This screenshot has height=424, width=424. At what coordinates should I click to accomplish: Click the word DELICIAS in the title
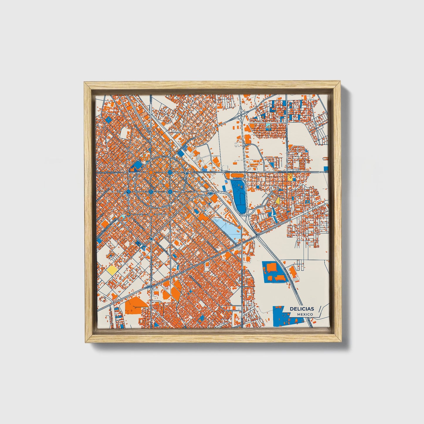302,309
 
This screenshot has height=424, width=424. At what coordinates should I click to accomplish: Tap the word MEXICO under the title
305,314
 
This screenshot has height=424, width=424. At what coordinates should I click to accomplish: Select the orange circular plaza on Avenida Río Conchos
151,172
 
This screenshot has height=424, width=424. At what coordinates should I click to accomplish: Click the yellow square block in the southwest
112,270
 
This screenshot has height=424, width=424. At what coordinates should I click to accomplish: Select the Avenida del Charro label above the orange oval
235,172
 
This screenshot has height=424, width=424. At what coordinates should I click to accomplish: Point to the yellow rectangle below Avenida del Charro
290,177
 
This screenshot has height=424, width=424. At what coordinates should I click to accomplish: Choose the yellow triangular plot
278,201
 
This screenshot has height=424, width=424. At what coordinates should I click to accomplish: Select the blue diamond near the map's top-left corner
108,119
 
